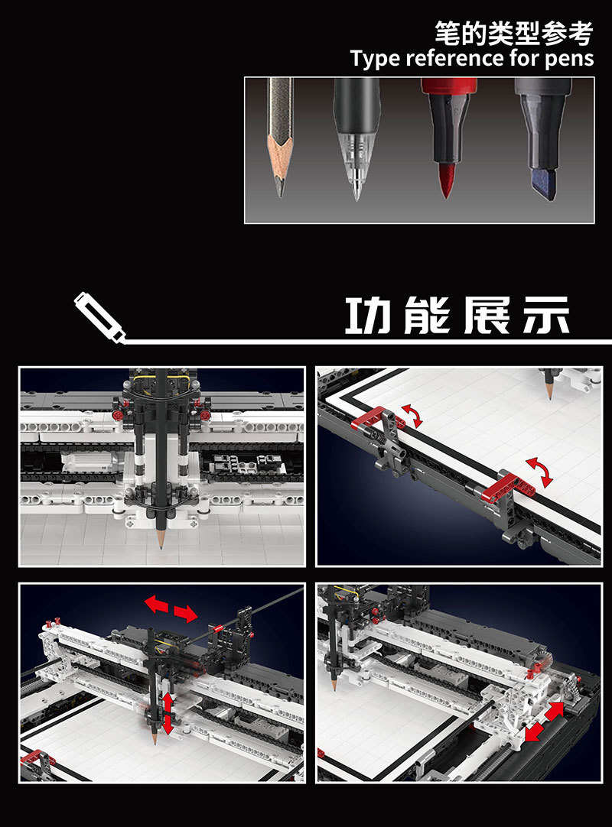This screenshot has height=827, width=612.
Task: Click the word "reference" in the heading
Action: coord(455,58)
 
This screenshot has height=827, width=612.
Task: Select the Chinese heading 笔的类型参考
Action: coord(514,33)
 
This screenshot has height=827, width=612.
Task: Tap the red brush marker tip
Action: coord(446,180)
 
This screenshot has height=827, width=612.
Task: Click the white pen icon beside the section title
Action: coord(99,317)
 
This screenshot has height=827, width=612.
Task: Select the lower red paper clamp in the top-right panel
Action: coord(509,486)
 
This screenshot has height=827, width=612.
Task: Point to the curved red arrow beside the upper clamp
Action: coord(412,415)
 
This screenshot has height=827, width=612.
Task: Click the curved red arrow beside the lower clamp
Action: coord(540,472)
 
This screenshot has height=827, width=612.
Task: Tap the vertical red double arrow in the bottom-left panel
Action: coord(168,713)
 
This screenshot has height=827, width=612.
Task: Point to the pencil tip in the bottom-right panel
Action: coord(334,684)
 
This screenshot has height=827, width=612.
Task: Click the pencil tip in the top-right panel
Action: coord(550,392)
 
